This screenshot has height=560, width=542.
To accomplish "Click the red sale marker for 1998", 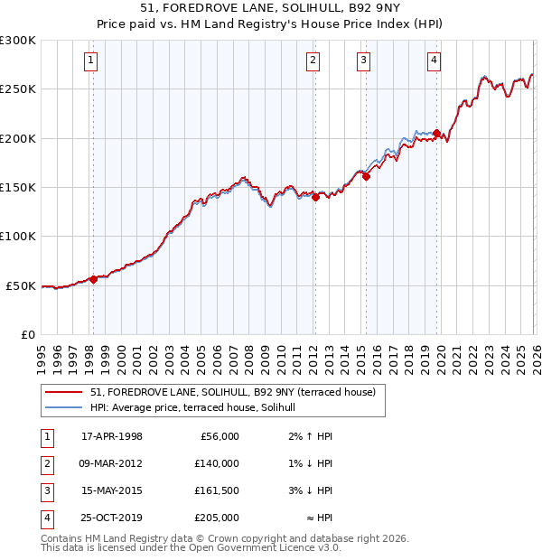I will click(x=93, y=279).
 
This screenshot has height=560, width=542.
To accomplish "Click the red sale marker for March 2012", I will click(x=315, y=198).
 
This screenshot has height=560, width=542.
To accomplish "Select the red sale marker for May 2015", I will click(x=366, y=177).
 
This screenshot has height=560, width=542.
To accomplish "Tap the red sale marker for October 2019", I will click(x=436, y=134).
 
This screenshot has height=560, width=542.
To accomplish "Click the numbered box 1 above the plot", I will click(x=92, y=61).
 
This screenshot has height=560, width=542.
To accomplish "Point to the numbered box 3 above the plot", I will click(x=363, y=61).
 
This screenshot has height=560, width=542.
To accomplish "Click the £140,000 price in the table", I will click(x=217, y=463).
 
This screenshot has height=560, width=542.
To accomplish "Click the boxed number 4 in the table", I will click(x=46, y=518).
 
